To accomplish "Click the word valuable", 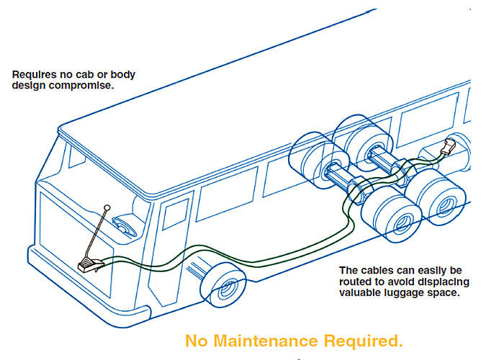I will pos(362,293).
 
